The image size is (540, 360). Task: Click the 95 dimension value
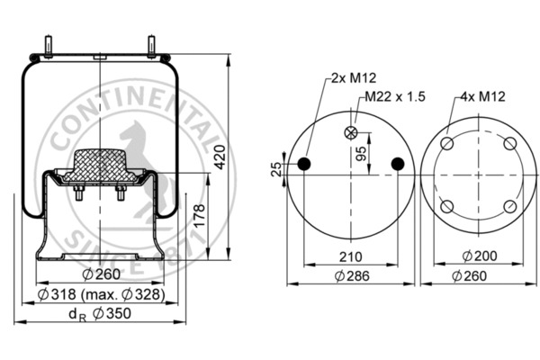[x=361, y=153]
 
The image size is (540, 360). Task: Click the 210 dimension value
[x=351, y=256]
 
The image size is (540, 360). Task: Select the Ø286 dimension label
[x=351, y=275]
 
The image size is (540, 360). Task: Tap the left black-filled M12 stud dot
[x=304, y=163]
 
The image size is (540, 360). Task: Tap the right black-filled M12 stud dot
[x=397, y=163]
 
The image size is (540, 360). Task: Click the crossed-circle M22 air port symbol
[x=351, y=132]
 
